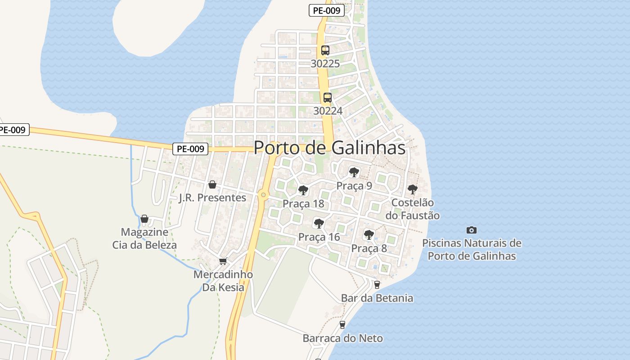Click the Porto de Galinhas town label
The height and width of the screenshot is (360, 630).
pyautogui.click(x=329, y=148)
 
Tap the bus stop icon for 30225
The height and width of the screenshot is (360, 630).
pyautogui.click(x=325, y=50)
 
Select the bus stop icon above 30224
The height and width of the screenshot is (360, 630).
pyautogui.click(x=328, y=97)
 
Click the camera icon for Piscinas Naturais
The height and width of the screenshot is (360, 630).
pyautogui.click(x=471, y=230)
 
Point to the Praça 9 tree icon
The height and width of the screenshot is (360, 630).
pyautogui.click(x=354, y=172)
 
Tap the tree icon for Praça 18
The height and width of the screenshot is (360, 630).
pyautogui.click(x=303, y=190)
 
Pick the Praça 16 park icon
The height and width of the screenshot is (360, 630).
pyautogui.click(x=319, y=223)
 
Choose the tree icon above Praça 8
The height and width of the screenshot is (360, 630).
pyautogui.click(x=369, y=234)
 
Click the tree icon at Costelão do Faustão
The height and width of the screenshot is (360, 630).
pyautogui.click(x=412, y=189)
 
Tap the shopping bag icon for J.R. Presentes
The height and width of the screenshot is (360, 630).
pyautogui.click(x=212, y=184)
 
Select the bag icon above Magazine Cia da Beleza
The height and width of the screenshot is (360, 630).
pyautogui.click(x=144, y=219)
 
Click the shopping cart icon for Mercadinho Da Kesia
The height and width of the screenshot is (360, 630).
pyautogui.click(x=223, y=261)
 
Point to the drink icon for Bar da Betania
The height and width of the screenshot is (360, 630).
pyautogui.click(x=377, y=284)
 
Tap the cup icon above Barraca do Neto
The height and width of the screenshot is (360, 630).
pyautogui.click(x=342, y=324)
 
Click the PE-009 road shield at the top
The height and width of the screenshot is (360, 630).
pyautogui.click(x=327, y=10)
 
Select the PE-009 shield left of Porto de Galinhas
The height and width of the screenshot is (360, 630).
pyautogui.click(x=190, y=148)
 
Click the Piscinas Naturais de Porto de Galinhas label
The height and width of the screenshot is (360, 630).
pyautogui.click(x=472, y=249)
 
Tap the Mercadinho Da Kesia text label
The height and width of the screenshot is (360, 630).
pyautogui.click(x=223, y=281)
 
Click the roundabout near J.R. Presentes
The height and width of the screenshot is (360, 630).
pyautogui.click(x=263, y=195)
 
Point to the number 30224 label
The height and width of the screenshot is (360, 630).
pyautogui.click(x=328, y=111)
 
